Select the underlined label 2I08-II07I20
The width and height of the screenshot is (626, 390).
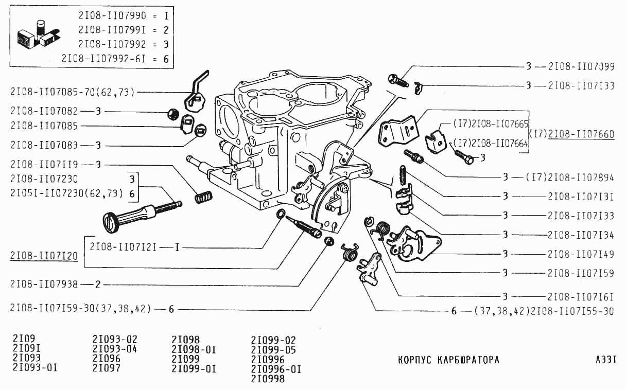43,256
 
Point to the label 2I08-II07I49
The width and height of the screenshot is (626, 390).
581,254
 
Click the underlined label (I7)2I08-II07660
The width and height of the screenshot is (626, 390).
572,135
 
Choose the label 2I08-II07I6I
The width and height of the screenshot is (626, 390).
581,296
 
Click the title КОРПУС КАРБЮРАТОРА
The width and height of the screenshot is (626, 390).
448,360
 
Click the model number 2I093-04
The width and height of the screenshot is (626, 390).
115,349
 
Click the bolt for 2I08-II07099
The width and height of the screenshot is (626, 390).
397,80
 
